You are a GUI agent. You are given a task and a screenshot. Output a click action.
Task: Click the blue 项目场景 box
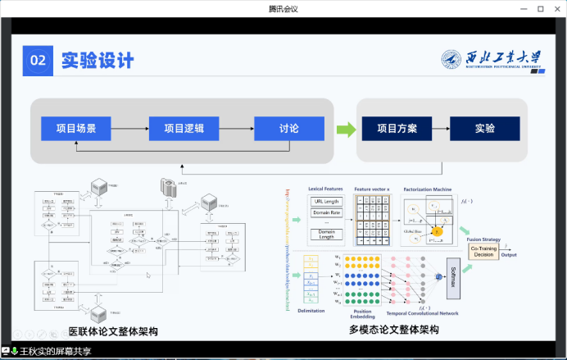pos(75,129)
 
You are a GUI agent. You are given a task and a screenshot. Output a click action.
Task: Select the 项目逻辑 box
pos(184,129)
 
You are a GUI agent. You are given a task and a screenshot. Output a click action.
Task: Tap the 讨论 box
pos(288,129)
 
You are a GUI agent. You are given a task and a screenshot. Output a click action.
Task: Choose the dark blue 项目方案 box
pos(397,129)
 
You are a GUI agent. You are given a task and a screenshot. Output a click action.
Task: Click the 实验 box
pos(484,129)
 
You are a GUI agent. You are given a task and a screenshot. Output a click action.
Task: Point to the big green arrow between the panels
pos(347,129)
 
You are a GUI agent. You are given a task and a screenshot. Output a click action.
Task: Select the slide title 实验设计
pos(98,60)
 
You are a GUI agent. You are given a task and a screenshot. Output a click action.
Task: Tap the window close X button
pos(557,8)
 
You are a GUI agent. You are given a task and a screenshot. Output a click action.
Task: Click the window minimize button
pos(522,8)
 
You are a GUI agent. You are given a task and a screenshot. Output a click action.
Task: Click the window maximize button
pos(540,8)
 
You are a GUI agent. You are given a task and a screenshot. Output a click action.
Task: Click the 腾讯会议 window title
pos(283,8)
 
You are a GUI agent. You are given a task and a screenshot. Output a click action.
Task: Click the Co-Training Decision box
pos(485,251)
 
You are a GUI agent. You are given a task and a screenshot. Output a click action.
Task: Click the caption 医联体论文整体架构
pos(112,331)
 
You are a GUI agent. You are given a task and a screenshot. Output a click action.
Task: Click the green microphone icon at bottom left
pos(15,351)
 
